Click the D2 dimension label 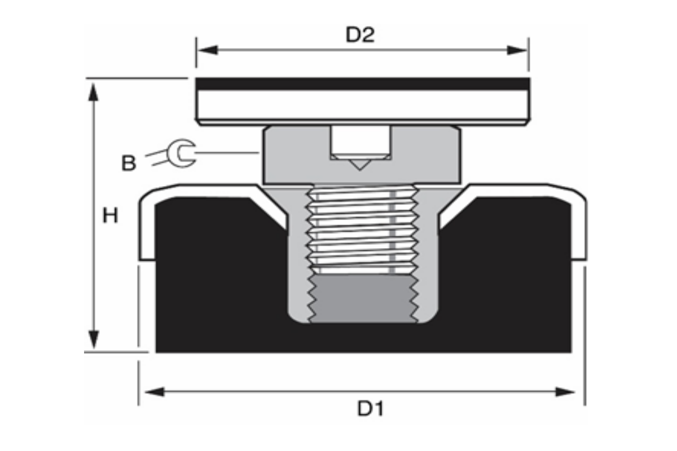pyautogui.click(x=360, y=35)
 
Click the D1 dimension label pyautogui.click(x=370, y=409)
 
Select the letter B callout pyautogui.click(x=129, y=163)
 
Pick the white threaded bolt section pyautogui.click(x=361, y=231)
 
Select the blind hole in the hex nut pyautogui.click(x=359, y=141)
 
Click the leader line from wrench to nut pyautogui.click(x=226, y=152)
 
